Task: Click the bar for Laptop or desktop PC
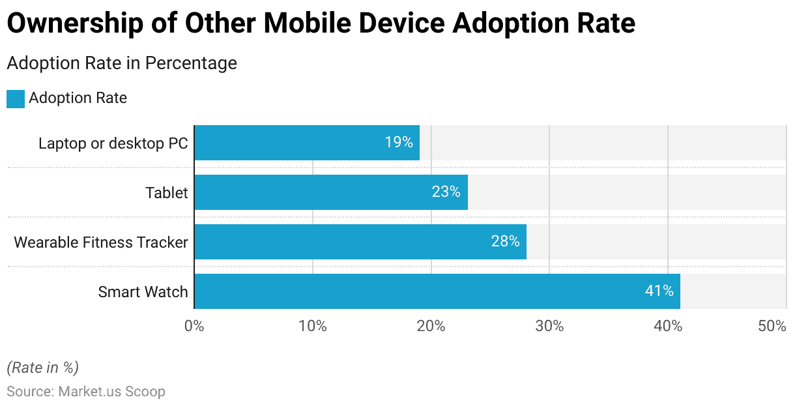(306, 143)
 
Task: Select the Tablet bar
(330, 192)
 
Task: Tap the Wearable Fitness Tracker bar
(360, 242)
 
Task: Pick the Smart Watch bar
(437, 291)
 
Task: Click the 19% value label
(399, 143)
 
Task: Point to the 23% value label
(446, 192)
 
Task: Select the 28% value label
(505, 242)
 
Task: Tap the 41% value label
(659, 291)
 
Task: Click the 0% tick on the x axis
(194, 326)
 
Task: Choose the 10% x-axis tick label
(313, 326)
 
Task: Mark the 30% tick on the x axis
(549, 326)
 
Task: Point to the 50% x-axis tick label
(772, 326)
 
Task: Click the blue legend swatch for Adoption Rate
(16, 99)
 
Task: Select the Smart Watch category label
(143, 292)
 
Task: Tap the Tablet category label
(166, 193)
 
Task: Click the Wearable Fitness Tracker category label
(101, 242)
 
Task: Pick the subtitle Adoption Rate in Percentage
(122, 63)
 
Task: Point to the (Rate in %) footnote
(43, 368)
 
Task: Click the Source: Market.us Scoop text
(86, 392)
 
